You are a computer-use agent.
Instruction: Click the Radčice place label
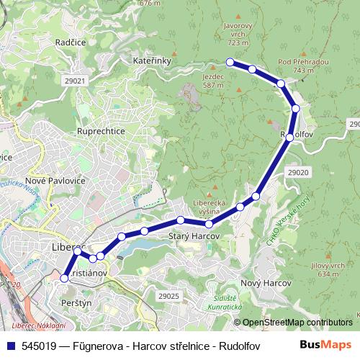coord(70,42)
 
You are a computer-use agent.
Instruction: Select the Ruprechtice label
coord(101,132)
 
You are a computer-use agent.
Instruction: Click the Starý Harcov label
coord(189,235)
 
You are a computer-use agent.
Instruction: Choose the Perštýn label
coord(76,304)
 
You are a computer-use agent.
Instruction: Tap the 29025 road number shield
coord(168,296)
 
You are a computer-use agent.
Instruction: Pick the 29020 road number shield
coord(297,173)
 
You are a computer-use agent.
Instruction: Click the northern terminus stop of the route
coord(230,62)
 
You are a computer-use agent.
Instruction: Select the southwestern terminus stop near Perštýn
coord(64,278)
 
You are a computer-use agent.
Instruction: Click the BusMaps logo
coord(325,345)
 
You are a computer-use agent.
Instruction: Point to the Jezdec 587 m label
coord(213,80)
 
